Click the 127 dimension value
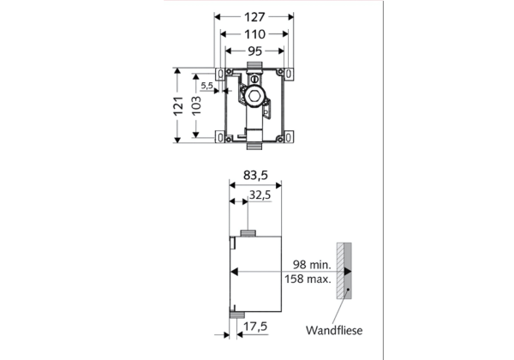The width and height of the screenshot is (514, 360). point(254,17)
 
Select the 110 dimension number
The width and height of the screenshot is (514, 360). point(254,34)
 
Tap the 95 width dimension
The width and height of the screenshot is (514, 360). point(254,51)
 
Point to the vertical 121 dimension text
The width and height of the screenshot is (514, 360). point(178,106)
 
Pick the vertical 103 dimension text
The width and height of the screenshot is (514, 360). point(196,105)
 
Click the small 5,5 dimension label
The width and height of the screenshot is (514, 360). point(206,86)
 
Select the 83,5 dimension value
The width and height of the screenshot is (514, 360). point(255,176)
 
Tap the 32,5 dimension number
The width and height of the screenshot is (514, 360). point(260,195)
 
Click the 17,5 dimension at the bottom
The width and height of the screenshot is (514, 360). point(255,327)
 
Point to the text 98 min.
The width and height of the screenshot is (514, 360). point(312,265)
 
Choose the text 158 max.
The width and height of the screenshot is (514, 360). point(308,279)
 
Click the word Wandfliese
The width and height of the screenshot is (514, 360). point(334,331)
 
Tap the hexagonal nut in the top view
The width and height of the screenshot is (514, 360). point(254,96)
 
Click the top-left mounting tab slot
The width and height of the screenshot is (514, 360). point(221,74)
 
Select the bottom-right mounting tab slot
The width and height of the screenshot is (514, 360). point(288,137)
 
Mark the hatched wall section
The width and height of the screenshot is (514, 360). point(340,271)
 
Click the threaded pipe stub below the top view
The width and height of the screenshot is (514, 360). point(254,146)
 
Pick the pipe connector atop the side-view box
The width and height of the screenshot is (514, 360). point(249,233)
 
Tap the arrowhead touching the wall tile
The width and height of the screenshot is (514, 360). point(348,272)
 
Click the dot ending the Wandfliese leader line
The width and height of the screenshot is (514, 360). point(348,289)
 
